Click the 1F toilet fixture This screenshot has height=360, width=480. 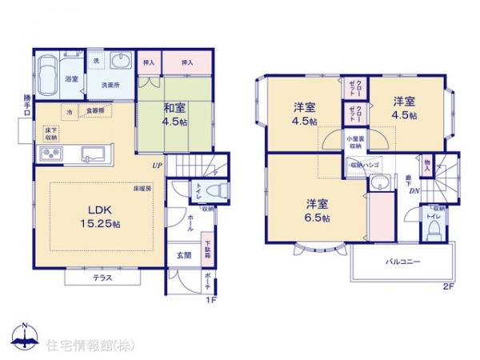click(213, 190)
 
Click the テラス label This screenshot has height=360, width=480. click(102, 278)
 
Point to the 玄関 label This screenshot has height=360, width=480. click(183, 256)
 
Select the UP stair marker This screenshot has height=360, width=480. click(158, 166)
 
